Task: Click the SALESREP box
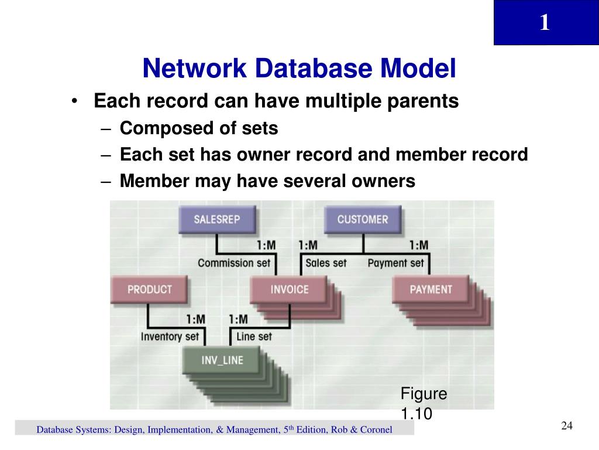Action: (x=216, y=220)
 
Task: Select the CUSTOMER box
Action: (x=362, y=220)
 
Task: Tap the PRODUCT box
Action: (x=149, y=289)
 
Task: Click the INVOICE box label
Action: (x=289, y=289)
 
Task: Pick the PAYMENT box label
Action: (x=431, y=289)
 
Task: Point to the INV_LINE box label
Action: (x=222, y=359)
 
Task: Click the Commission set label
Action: (x=234, y=263)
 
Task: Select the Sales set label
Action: (x=326, y=263)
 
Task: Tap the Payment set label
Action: (x=395, y=263)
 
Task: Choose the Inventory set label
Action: (x=170, y=337)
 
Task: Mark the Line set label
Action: (x=254, y=337)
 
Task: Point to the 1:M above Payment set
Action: (x=418, y=245)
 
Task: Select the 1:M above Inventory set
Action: (x=196, y=319)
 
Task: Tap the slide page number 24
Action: (x=566, y=426)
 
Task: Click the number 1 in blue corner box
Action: (x=545, y=23)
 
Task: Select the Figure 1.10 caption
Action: (x=423, y=404)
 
